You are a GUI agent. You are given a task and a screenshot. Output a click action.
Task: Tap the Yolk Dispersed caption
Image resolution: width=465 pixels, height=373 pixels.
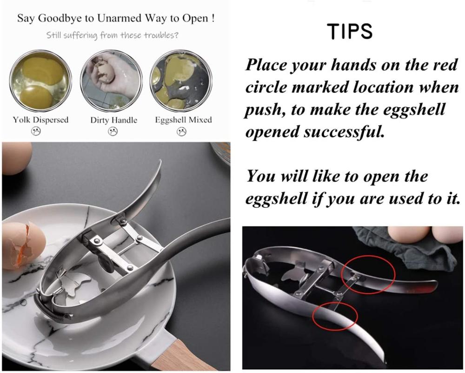pyautogui.click(x=40, y=120)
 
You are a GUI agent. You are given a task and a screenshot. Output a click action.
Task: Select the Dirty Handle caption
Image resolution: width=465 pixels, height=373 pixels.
pyautogui.click(x=113, y=120)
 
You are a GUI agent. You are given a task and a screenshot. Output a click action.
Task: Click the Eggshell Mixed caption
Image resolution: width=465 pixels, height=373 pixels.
pyautogui.click(x=183, y=120)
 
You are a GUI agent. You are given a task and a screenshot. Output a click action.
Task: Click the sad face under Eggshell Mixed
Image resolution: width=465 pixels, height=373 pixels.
pyautogui.click(x=181, y=131)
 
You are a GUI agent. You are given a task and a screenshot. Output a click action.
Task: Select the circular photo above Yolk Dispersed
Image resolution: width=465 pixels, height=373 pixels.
pyautogui.click(x=40, y=80)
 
